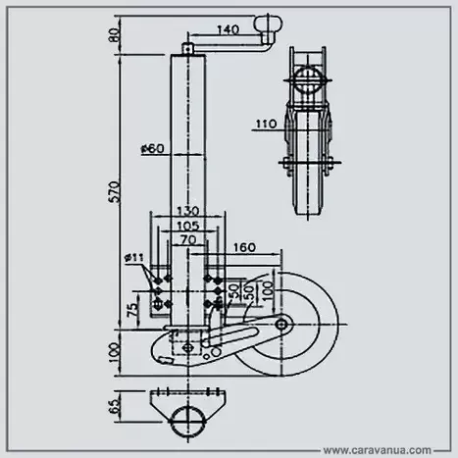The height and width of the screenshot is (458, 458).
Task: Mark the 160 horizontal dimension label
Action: pos(245,247)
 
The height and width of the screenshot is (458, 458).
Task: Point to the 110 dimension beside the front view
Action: pos(265,124)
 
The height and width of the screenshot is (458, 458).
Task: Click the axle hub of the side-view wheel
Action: pos(284,325)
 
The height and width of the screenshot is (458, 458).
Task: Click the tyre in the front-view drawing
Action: pos(307,186)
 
